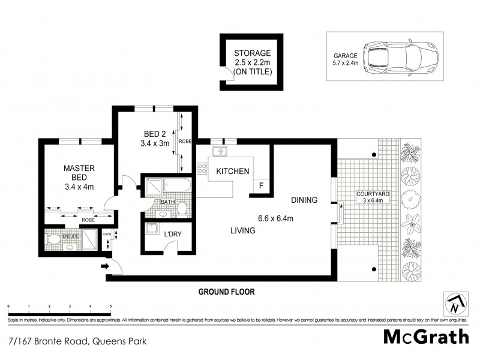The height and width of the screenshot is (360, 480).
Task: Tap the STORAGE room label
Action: [253, 53]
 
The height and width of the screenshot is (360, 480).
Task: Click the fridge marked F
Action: [260, 186]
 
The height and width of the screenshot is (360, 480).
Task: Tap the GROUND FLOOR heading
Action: [227, 292]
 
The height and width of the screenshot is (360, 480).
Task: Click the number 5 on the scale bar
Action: [110, 307]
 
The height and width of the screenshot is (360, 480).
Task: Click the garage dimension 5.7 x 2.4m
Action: [346, 62]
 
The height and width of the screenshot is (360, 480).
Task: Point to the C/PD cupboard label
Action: [106, 234]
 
